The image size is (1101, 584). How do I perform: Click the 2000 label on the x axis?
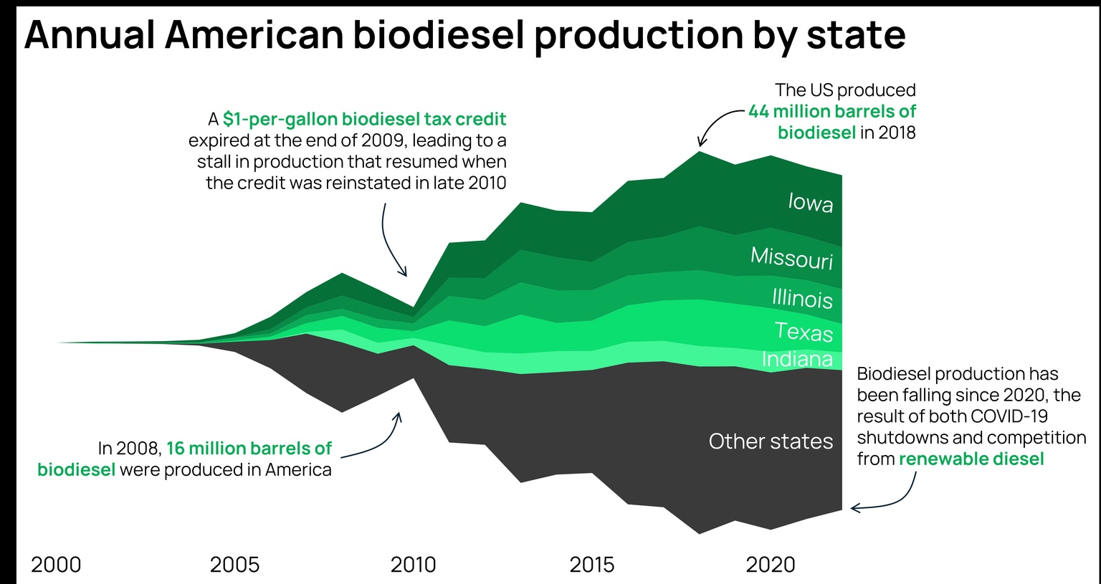click(56, 565)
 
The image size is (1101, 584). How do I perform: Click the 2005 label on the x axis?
click(234, 565)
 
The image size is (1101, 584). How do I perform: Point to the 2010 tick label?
click(413, 565)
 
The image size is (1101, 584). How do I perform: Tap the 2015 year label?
click(591, 565)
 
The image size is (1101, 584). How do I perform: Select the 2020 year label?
click(771, 565)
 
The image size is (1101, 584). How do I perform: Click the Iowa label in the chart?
click(810, 203)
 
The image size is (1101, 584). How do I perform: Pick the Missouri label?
click(791, 257)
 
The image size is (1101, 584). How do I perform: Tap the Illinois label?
click(802, 297)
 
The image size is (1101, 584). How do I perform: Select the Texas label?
click(804, 332)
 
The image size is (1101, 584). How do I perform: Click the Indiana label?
click(797, 359)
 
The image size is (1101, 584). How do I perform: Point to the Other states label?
click(771, 441)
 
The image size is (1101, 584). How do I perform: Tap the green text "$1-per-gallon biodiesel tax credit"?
click(364, 119)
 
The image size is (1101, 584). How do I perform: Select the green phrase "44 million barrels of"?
click(831, 112)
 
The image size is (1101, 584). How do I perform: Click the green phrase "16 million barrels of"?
click(249, 449)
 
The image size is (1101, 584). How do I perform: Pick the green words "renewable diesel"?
click(971, 459)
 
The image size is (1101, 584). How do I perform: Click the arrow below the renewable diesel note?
click(889, 499)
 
